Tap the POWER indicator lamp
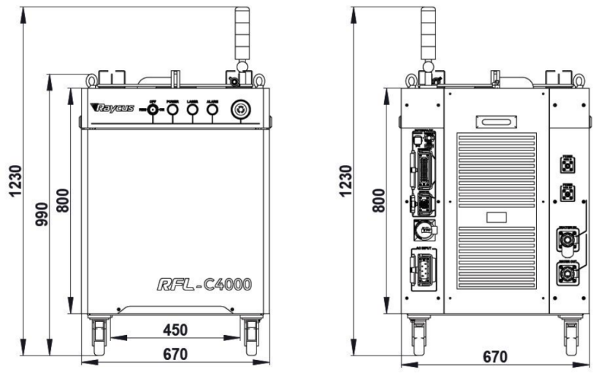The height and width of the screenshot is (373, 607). click(x=172, y=109)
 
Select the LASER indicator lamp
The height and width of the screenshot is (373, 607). click(x=192, y=109)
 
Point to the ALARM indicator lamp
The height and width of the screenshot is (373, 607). click(x=212, y=109)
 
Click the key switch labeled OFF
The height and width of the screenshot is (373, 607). click(x=153, y=109)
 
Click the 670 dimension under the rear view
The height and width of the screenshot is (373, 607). click(x=495, y=357)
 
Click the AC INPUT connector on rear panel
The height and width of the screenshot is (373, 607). click(x=424, y=271)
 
